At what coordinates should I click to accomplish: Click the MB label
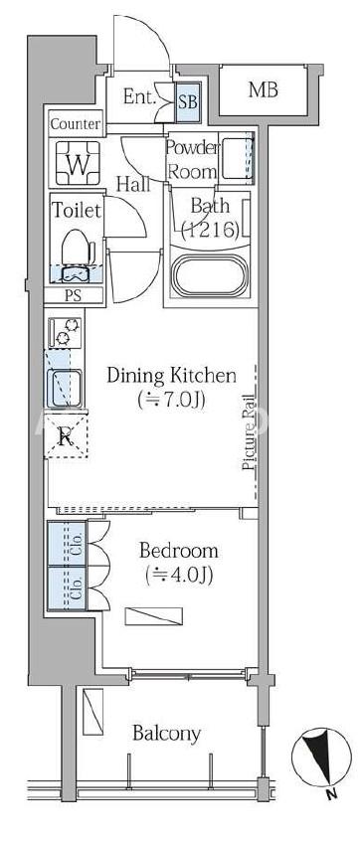coord(264,89)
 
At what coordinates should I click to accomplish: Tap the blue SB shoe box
coord(188,102)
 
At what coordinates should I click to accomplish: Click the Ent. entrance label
coord(139,96)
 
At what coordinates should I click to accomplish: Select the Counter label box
coord(76,124)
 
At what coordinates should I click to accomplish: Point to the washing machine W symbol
coord(78,163)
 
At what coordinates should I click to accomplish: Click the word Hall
coord(133,185)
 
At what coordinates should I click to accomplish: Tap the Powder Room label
coord(193,159)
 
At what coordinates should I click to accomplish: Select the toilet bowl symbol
coord(78,255)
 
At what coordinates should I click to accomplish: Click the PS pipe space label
coord(76,296)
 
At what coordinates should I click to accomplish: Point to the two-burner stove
coord(65,332)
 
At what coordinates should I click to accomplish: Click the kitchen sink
coord(64,389)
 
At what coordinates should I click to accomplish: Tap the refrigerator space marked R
coord(66,436)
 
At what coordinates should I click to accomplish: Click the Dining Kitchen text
coord(172,376)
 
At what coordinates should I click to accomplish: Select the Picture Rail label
coord(249,432)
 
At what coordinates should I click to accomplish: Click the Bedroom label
coord(179,550)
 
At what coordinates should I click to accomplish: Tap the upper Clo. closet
coord(67,543)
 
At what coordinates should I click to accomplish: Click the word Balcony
coord(167,734)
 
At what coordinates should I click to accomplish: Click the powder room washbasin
coord(237,158)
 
